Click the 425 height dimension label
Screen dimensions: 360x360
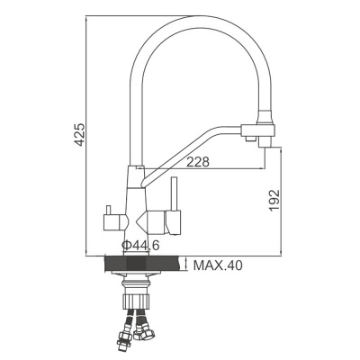[79, 134]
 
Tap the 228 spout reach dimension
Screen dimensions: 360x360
[199, 162]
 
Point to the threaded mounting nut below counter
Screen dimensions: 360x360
[136, 290]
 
